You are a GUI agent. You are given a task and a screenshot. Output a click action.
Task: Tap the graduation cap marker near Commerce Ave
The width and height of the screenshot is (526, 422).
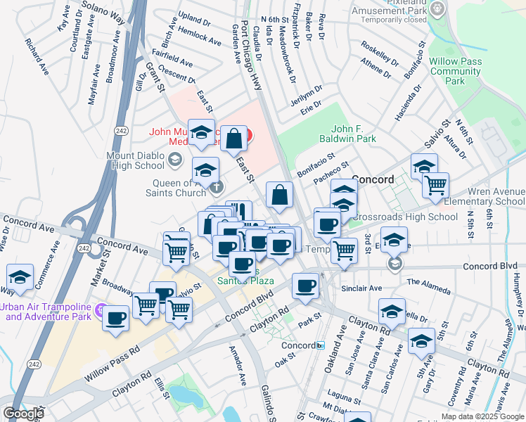(x=20, y=276)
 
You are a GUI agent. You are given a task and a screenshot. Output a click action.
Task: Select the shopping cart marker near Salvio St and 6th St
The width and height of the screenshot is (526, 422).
(x=436, y=185)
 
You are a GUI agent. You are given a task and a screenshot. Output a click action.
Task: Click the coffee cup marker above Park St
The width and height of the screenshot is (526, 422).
(x=305, y=286)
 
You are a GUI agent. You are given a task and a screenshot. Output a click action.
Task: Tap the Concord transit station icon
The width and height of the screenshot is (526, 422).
(x=320, y=346)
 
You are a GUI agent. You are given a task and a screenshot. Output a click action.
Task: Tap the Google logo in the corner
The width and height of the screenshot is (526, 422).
(x=23, y=414)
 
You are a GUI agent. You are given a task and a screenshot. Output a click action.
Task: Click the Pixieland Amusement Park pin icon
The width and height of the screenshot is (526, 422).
(x=438, y=8)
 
